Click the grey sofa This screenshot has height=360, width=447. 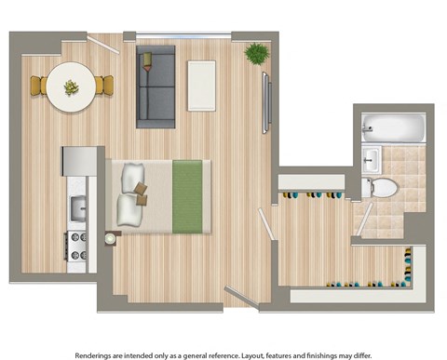pos(156,87)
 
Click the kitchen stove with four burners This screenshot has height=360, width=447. pos(75,246)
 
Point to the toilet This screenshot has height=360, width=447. pos(382,186)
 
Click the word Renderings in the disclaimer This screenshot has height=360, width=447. pos(98,353)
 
